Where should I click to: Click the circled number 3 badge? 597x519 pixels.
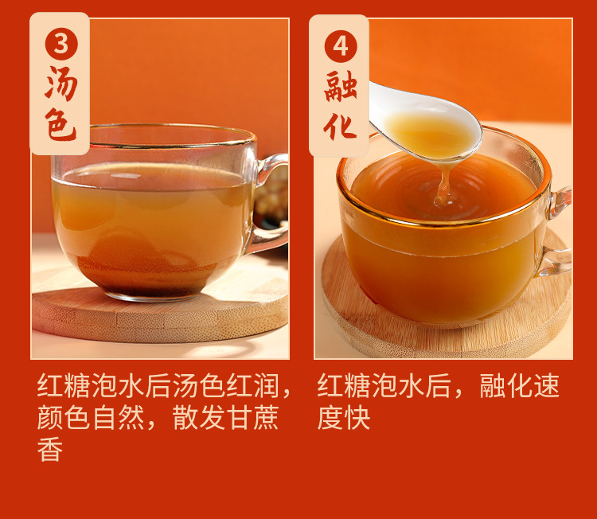(60, 42)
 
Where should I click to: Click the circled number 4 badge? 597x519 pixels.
(340, 45)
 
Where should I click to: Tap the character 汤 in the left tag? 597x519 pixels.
(60, 84)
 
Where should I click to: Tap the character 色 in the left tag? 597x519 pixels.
(60, 126)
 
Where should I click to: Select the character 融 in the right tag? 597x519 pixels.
(340, 87)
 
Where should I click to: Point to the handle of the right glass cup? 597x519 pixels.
(558, 231)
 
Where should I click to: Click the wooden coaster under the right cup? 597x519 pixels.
(446, 334)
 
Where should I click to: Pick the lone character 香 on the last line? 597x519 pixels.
(50, 450)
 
